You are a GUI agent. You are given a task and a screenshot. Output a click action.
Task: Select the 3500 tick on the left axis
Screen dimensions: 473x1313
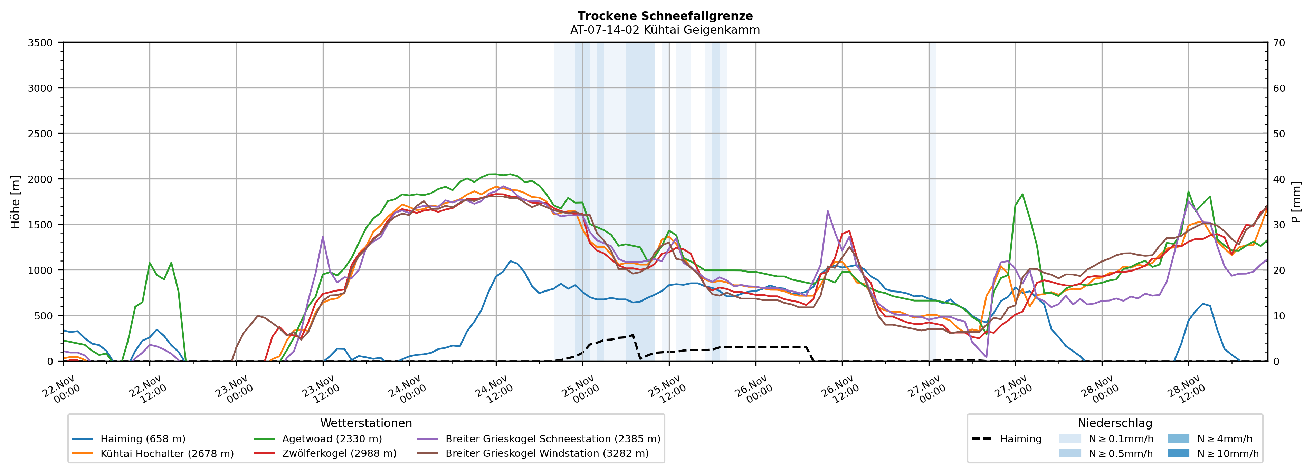[x=40, y=43]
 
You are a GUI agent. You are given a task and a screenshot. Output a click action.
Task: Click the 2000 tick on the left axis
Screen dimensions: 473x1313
[x=40, y=179]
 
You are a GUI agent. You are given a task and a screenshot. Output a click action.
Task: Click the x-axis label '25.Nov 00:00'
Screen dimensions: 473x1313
[x=581, y=390]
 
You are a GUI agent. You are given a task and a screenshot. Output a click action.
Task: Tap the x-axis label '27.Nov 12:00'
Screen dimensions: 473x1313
[x=1014, y=390]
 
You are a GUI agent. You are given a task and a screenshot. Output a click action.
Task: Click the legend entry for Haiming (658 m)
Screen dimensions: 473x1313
[x=143, y=439]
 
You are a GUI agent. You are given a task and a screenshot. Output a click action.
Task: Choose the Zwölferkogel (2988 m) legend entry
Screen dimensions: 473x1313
[x=339, y=454]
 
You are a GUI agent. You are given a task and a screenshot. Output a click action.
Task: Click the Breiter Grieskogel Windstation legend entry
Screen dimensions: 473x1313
[x=546, y=454]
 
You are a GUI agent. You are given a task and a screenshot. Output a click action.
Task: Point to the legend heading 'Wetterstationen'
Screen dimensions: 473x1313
[x=366, y=423]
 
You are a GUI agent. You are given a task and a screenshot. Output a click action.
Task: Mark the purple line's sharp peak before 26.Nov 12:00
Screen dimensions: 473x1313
[x=828, y=211]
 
